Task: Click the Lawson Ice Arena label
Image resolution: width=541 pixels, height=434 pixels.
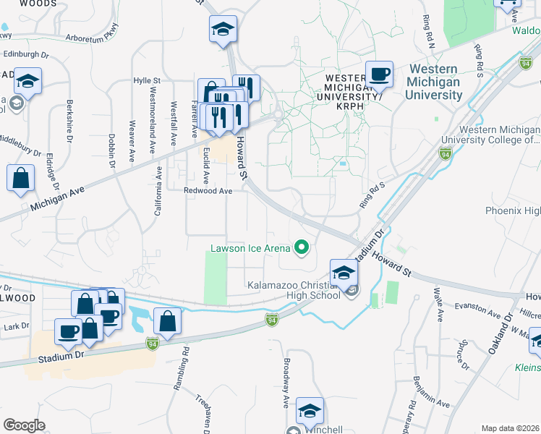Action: [x=250, y=249]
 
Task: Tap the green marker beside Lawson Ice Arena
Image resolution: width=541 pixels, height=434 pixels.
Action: [x=301, y=249]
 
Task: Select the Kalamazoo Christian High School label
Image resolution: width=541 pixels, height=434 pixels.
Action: [x=294, y=290]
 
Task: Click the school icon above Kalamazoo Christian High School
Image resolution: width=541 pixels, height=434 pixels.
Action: [x=344, y=272]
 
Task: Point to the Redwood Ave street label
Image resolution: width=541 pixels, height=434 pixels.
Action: [x=208, y=191]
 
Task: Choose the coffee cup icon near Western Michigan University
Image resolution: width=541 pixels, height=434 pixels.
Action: [x=379, y=74]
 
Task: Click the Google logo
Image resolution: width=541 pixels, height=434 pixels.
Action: [x=24, y=425]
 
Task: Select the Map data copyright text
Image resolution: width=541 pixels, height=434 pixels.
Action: [x=510, y=428]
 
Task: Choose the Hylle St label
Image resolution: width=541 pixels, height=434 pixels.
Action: [x=146, y=80]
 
